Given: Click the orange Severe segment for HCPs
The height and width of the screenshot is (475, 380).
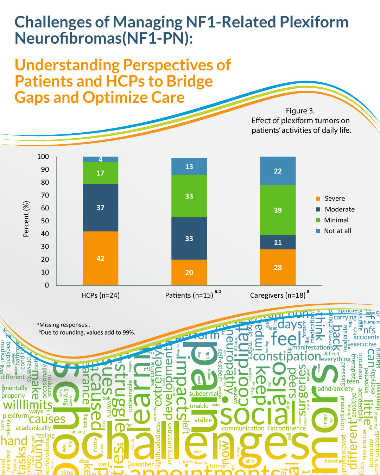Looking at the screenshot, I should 100,258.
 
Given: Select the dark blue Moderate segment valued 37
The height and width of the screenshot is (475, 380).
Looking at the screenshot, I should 100,208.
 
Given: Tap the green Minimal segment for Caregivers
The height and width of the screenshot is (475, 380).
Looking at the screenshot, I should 278,210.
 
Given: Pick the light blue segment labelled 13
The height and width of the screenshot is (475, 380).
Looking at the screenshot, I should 189,166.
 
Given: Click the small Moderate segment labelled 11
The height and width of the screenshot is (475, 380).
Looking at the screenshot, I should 278,242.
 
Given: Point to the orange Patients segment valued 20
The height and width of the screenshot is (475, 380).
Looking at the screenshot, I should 189,272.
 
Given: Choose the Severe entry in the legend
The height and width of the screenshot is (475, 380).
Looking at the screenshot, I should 334,198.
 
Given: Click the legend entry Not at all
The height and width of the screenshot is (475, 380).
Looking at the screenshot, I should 337,231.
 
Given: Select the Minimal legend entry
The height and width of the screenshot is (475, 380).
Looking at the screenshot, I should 336,220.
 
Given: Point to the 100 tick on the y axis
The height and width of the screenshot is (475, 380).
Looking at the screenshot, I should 43,157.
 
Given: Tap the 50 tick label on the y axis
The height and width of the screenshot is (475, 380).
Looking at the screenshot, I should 45,221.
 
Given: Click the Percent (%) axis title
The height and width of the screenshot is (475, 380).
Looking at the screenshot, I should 26,219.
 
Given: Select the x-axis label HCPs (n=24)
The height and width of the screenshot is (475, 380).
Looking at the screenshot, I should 100,295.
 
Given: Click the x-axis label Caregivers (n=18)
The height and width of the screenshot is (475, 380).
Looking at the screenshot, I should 278,295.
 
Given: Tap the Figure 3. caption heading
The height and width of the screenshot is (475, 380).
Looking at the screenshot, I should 300,111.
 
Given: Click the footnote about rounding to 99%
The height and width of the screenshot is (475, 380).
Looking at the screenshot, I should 87,332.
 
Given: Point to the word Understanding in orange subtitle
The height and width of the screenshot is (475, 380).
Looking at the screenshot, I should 67,65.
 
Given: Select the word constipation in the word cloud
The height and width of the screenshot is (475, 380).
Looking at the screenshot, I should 287,356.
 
